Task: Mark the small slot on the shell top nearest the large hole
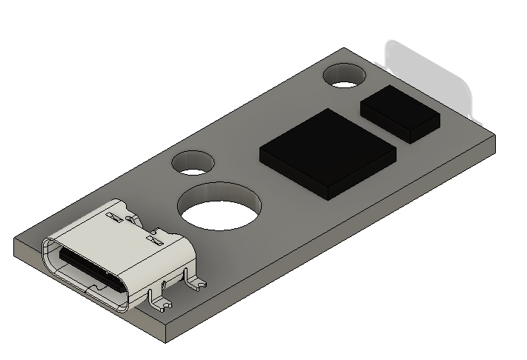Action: point(154,239)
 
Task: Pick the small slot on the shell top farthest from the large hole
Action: point(113,216)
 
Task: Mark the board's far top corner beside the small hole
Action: point(345,50)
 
